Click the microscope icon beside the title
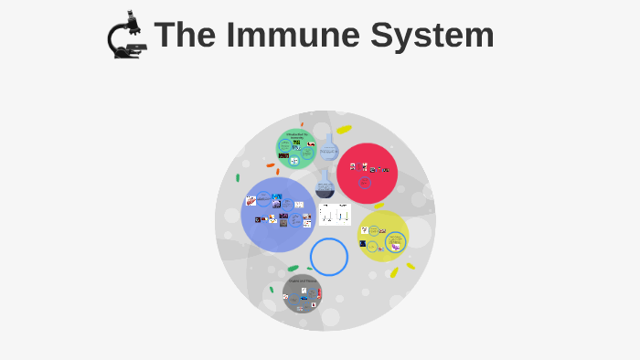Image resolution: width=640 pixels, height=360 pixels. coord(126,36)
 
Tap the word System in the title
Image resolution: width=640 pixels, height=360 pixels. coord(432,36)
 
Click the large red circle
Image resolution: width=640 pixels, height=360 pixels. coord(367,173)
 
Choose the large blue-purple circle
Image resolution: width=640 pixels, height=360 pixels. coord(278,215)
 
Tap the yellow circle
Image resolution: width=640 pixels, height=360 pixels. coord(383,236)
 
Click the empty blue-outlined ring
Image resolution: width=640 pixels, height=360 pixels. coord(329,257)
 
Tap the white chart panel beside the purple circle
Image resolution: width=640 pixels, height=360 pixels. coord(335,215)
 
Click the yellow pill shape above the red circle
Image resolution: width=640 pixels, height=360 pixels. coord(344,130)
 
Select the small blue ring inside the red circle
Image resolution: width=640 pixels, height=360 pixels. coord(365,183)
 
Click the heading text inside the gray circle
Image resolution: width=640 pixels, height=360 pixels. coord(302,280)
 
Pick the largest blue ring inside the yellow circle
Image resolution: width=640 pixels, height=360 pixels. coord(395,240)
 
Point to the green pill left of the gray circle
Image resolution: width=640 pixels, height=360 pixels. coord(272,290)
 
